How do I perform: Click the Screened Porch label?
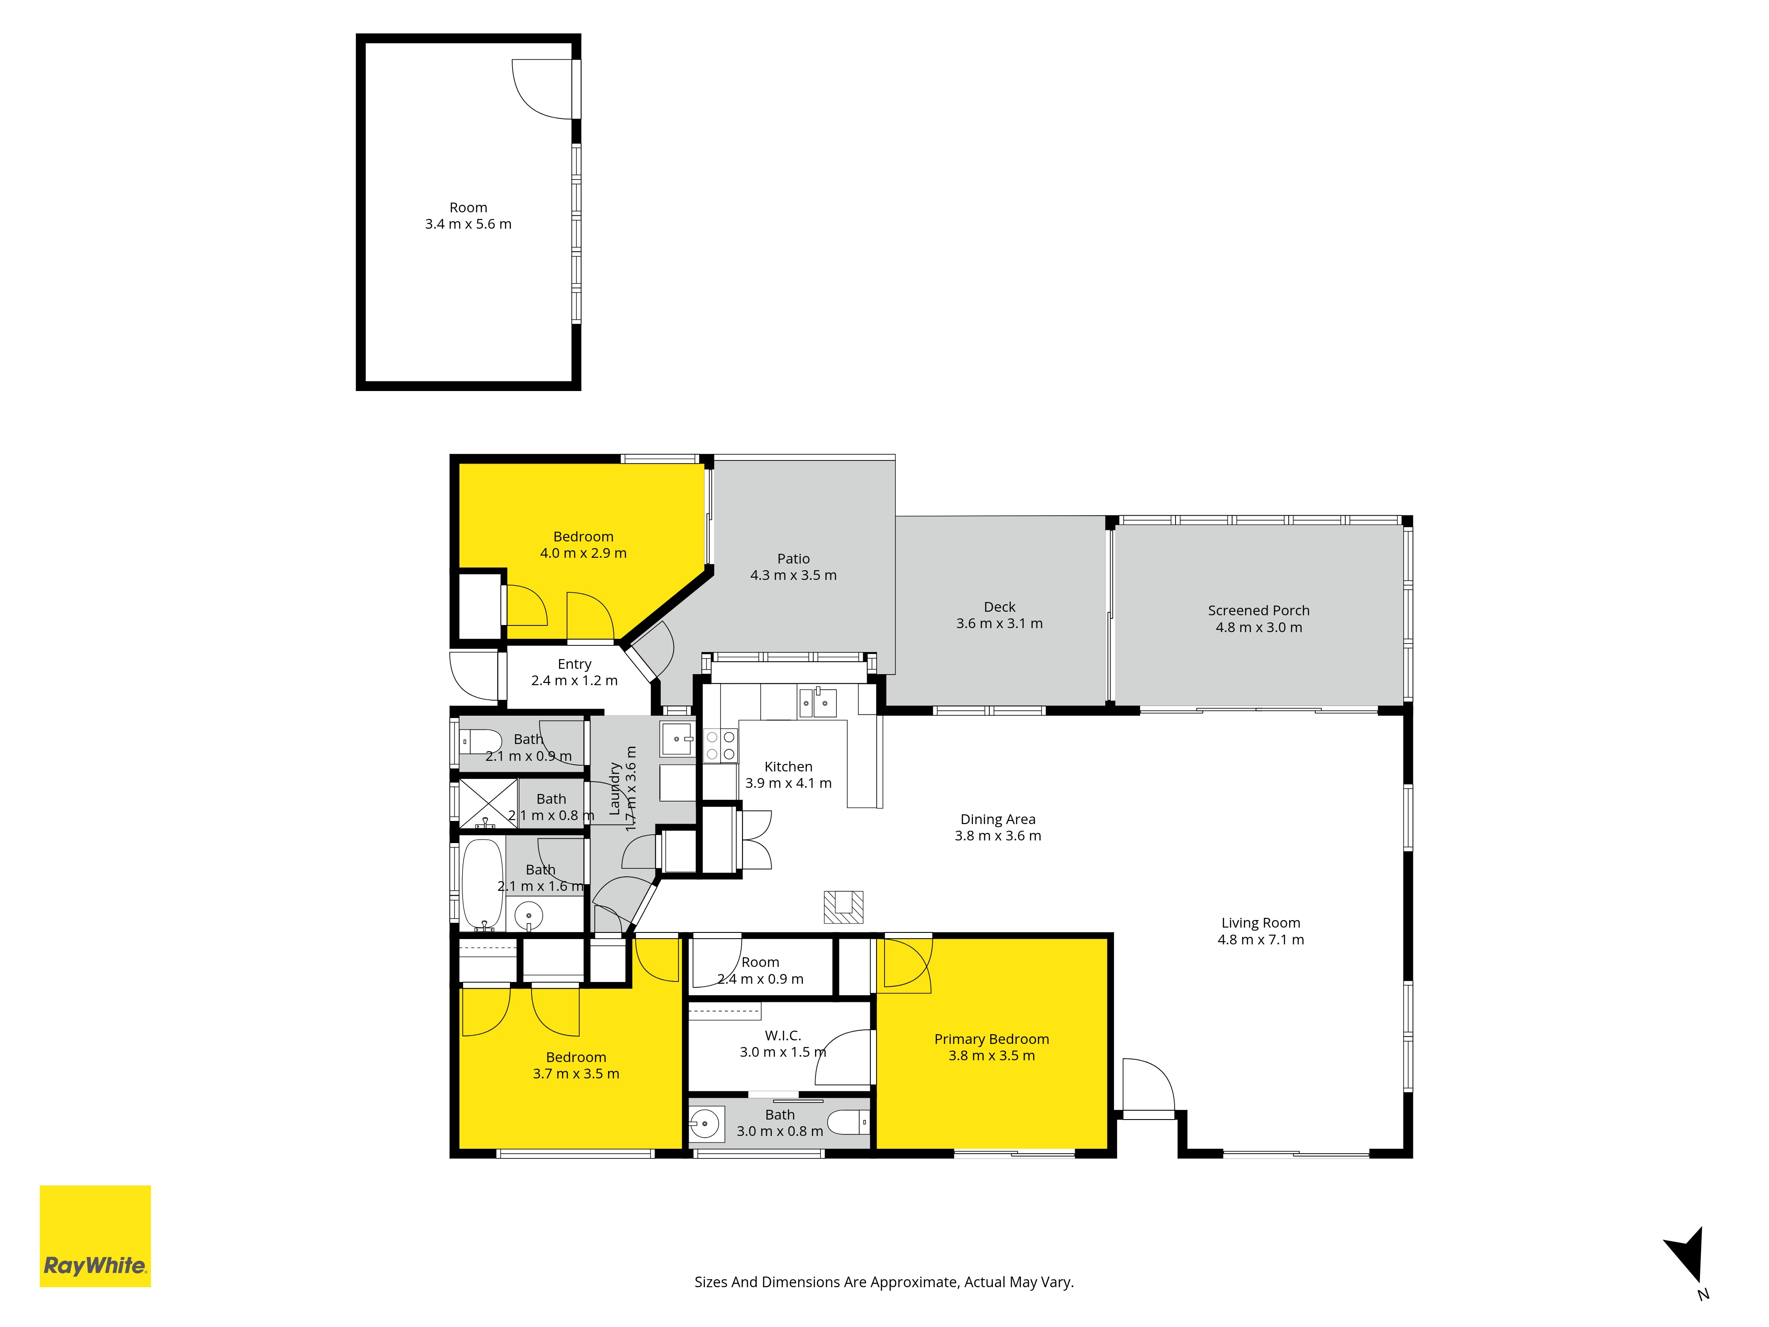[1259, 610]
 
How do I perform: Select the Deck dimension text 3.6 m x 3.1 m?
[999, 623]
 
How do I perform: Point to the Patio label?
[793, 558]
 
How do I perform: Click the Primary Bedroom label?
[992, 1039]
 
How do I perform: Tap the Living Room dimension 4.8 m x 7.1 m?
[1260, 940]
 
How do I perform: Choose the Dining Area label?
[998, 819]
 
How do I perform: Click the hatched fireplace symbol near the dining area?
[844, 907]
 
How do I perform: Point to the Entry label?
[574, 664]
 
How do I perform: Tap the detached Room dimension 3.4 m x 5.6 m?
[468, 224]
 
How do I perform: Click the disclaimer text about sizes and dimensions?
[884, 1282]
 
